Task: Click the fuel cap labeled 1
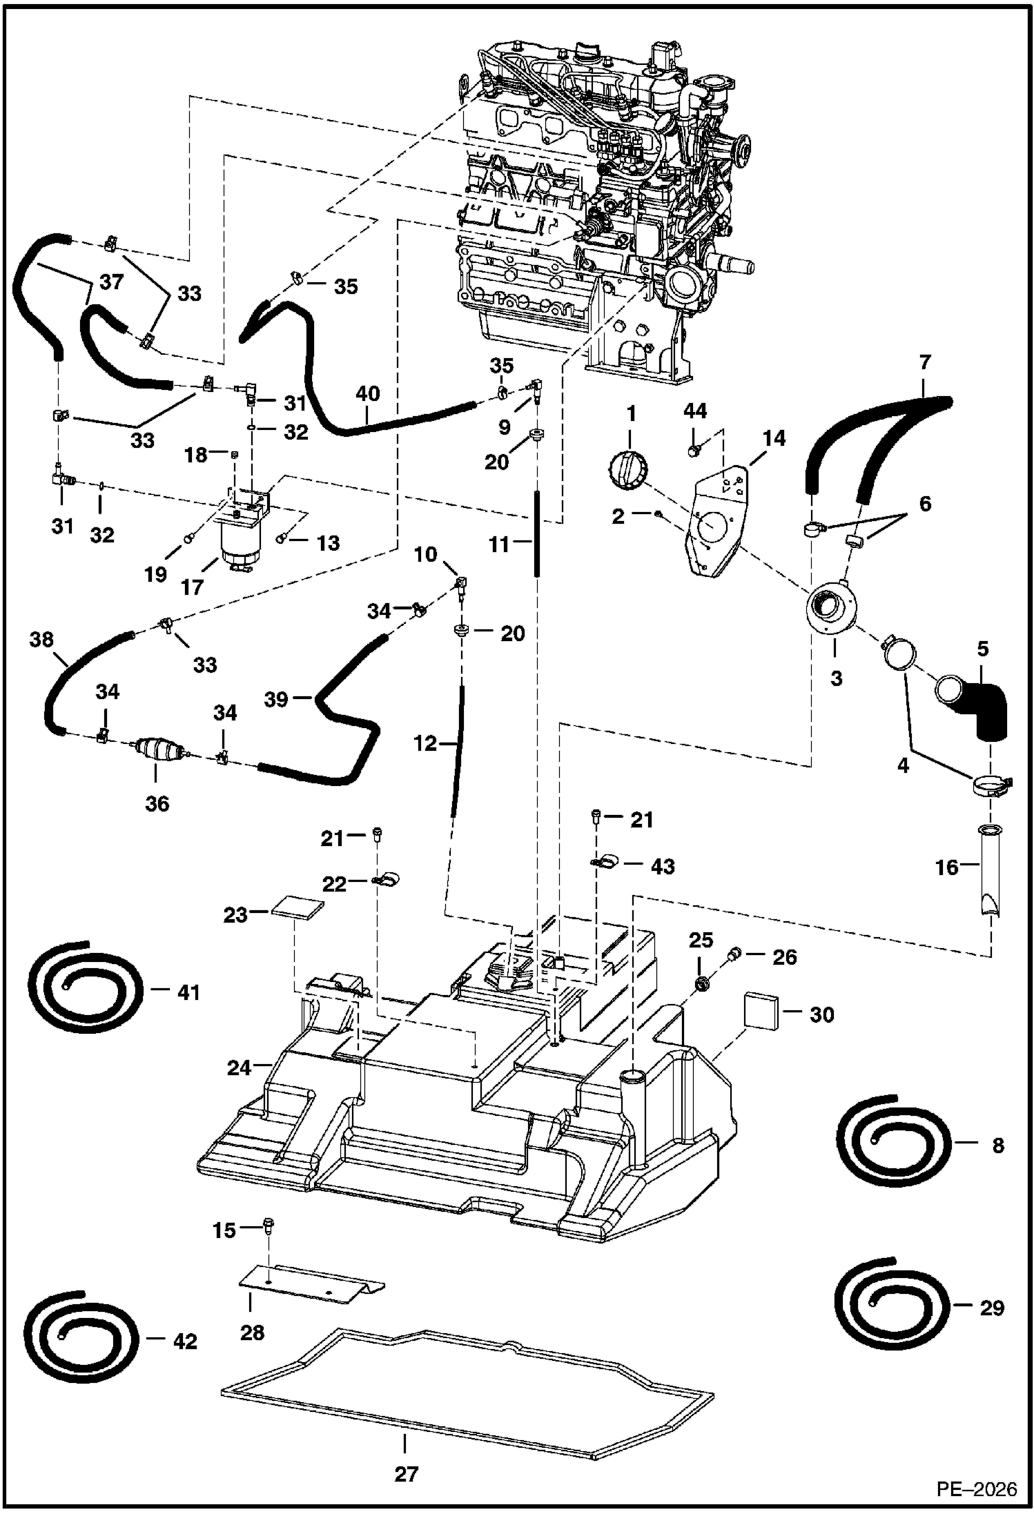point(627,471)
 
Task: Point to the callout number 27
point(406,1474)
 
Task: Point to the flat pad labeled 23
point(297,909)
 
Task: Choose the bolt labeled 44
point(695,451)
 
